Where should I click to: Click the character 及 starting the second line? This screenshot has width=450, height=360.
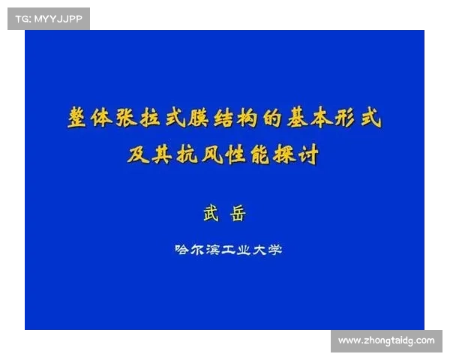click(139, 155)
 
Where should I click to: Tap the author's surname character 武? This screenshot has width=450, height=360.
click(211, 214)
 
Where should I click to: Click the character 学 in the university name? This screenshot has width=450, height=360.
click(281, 249)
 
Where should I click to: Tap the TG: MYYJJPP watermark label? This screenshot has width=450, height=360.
click(47, 18)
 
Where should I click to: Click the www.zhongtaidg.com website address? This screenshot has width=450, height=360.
click(386, 340)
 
